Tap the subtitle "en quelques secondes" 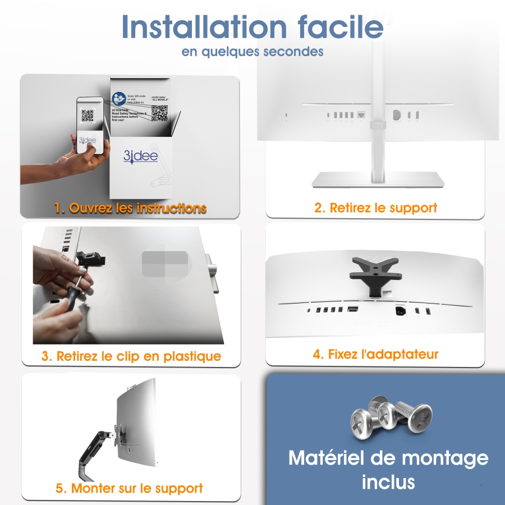coord(252,52)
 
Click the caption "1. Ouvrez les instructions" coord(130,208)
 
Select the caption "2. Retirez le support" coord(375,208)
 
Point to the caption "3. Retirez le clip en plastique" coord(131,356)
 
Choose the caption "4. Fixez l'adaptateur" coord(375,354)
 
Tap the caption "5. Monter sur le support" coord(130,488)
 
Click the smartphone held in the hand coord(90,126)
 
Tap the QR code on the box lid coord(159,113)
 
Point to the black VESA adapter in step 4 coord(374,269)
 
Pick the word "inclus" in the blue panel coord(388,481)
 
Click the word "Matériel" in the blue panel coord(325,458)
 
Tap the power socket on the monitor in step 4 coord(401,310)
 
